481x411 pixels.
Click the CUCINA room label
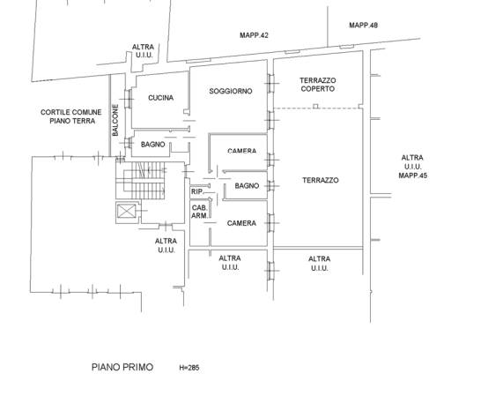pyautogui.click(x=160, y=98)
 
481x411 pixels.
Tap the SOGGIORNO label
pyautogui.click(x=231, y=91)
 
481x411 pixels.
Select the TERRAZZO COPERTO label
pyautogui.click(x=318, y=85)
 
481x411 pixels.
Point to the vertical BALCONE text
pyautogui.click(x=115, y=120)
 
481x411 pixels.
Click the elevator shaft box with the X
pyautogui.click(x=127, y=211)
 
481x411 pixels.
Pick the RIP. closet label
pyautogui.click(x=197, y=191)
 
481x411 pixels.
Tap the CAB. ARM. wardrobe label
pyautogui.click(x=199, y=212)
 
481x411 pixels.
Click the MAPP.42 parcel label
pyautogui.click(x=254, y=35)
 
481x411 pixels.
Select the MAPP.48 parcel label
pyautogui.click(x=364, y=26)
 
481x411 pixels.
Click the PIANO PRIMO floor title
pyautogui.click(x=122, y=367)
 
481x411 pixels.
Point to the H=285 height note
pyautogui.click(x=189, y=368)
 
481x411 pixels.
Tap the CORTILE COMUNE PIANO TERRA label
pyautogui.click(x=71, y=116)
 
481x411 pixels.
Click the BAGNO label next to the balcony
pyautogui.click(x=152, y=144)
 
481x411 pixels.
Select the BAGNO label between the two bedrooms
pyautogui.click(x=247, y=185)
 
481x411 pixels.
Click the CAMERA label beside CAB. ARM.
pyautogui.click(x=241, y=223)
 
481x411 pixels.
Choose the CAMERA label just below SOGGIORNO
pyautogui.click(x=242, y=151)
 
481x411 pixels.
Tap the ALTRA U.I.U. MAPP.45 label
pyautogui.click(x=412, y=167)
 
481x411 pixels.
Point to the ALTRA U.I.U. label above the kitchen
pyautogui.click(x=144, y=51)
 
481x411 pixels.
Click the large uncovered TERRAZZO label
pyautogui.click(x=321, y=180)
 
